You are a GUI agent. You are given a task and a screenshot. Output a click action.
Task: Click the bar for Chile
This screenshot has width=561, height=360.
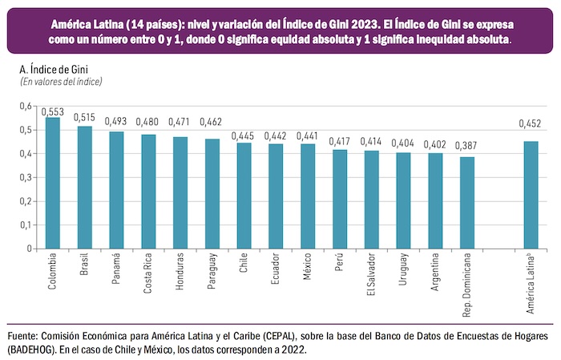coord(244,196)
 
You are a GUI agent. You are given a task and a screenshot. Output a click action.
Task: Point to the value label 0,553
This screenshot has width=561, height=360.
coord(53,111)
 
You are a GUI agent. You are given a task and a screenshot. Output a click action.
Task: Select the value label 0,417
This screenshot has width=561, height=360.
coord(339,142)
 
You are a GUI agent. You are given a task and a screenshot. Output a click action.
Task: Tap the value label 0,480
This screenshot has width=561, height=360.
coord(148,123)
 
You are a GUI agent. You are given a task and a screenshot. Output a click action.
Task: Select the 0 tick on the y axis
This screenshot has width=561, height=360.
coord(28,249)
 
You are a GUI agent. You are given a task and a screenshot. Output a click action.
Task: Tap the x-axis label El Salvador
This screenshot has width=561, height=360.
coord(371,277)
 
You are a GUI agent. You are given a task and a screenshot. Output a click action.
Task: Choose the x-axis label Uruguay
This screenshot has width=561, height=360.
coord(403,272)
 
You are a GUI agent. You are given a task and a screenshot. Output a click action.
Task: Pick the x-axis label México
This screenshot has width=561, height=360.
coord(308,269)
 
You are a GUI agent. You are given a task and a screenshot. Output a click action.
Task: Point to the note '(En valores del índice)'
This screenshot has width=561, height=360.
coord(61,82)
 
